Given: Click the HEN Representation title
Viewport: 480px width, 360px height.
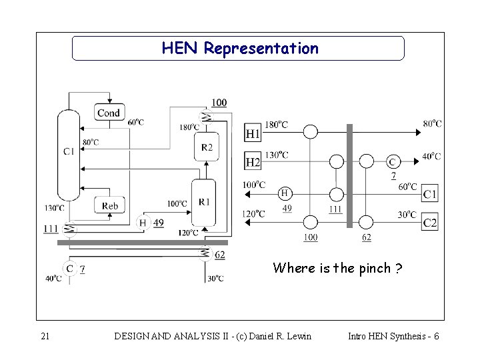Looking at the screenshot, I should pyautogui.click(x=239, y=49).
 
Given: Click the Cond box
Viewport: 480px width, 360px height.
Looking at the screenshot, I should pyautogui.click(x=108, y=113).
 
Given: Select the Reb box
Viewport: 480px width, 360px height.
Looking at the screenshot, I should pyautogui.click(x=110, y=206).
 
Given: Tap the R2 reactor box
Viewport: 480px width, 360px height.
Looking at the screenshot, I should pyautogui.click(x=207, y=147).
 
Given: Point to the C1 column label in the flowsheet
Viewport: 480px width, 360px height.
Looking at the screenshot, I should pyautogui.click(x=69, y=152).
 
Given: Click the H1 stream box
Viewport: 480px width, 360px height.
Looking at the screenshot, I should pyautogui.click(x=253, y=133).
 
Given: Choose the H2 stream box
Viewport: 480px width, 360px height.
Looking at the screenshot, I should pyautogui.click(x=253, y=162).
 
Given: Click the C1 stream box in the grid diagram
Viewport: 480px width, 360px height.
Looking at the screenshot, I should pyautogui.click(x=430, y=194).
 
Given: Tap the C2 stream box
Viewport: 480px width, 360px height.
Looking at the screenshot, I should pyautogui.click(x=430, y=223).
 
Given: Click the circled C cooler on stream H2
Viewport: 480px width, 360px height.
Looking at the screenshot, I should pyautogui.click(x=393, y=161).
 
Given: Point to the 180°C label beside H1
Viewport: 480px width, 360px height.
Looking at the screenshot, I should pyautogui.click(x=276, y=124).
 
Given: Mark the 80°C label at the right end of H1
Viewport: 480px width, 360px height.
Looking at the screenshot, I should pyautogui.click(x=431, y=123).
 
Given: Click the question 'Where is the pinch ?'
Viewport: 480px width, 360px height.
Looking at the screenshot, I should pyautogui.click(x=337, y=269).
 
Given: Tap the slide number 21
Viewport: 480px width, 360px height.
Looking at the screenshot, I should pyautogui.click(x=45, y=336).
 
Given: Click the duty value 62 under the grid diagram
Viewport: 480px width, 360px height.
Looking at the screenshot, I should pyautogui.click(x=366, y=237).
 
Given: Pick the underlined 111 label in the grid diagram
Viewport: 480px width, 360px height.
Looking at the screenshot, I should pyautogui.click(x=335, y=209).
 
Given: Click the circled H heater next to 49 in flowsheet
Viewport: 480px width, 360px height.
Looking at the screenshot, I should pyautogui.click(x=143, y=223).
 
